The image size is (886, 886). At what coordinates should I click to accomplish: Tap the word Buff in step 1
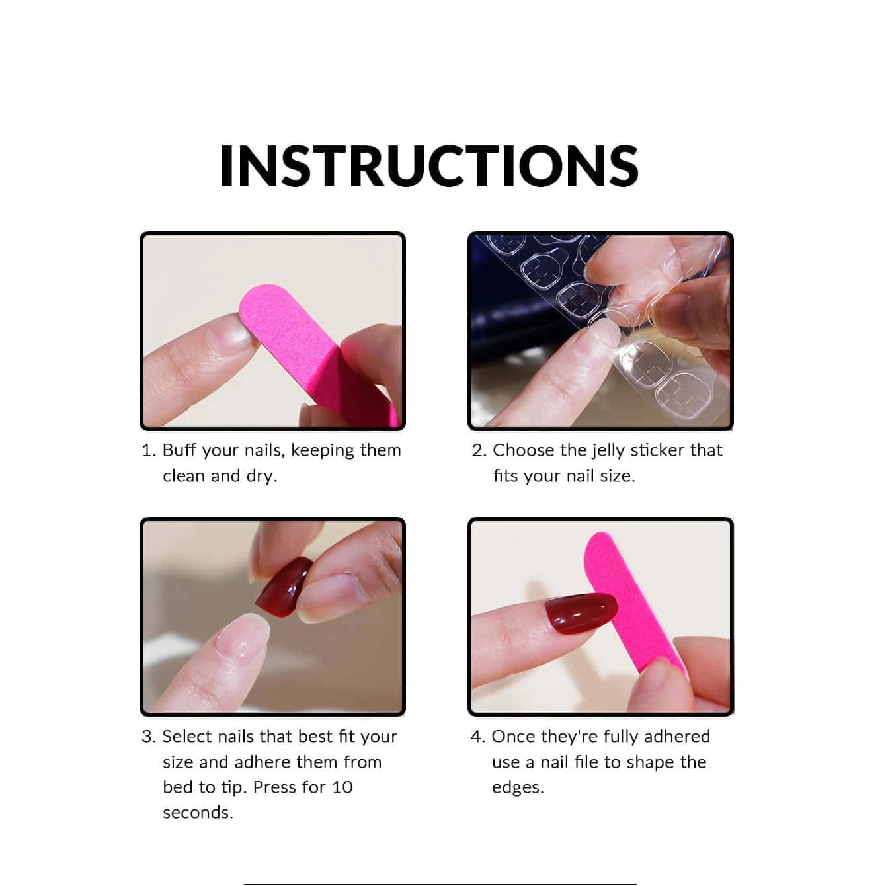click(x=179, y=450)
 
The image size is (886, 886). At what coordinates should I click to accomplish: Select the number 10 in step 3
click(x=342, y=787)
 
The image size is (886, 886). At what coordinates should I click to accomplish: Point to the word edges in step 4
click(x=517, y=788)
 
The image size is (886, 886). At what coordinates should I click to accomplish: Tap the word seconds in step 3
click(x=197, y=813)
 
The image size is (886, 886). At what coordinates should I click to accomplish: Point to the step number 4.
click(x=477, y=737)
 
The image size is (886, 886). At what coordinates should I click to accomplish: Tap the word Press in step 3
click(x=274, y=787)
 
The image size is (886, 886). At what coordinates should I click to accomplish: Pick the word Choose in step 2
click(x=523, y=450)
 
